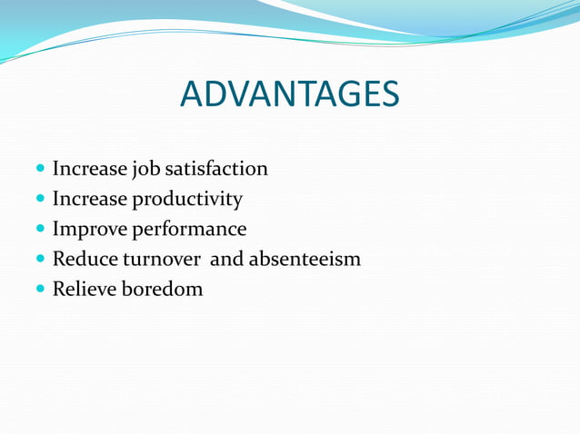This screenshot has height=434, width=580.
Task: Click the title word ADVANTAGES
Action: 289,94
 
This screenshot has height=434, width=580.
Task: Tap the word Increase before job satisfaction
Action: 90,169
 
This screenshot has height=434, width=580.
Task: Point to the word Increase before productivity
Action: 90,199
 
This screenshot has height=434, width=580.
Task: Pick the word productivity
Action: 188,200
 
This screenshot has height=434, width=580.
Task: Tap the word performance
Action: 190,230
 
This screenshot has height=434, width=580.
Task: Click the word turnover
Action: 162,260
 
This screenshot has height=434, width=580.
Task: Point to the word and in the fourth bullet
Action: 227,260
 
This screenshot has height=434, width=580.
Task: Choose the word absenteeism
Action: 305,260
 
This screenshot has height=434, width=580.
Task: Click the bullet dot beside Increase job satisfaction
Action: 40,170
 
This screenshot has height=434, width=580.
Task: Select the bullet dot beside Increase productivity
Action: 40,200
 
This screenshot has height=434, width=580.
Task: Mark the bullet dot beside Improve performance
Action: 40,230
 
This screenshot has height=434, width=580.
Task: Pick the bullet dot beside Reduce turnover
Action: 40,260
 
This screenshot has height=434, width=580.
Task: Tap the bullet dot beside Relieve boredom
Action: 40,291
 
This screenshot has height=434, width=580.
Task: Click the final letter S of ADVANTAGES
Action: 389,94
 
